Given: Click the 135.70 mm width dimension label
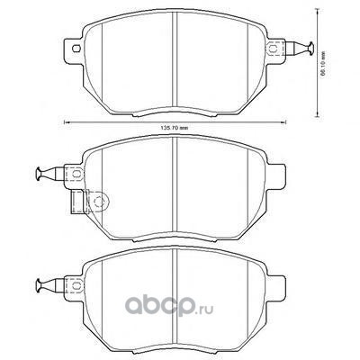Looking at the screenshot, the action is pyautogui.click(x=175, y=128).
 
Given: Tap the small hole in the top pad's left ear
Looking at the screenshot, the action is pyautogui.click(x=76, y=48).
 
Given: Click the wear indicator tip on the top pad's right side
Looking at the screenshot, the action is pyautogui.click(x=310, y=48).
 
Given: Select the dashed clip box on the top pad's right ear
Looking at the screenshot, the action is pyautogui.click(x=274, y=48).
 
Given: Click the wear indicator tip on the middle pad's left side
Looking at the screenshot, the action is pyautogui.click(x=39, y=175).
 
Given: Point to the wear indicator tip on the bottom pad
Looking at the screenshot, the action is pyautogui.click(x=39, y=285).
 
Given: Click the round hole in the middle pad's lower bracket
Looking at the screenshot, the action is pyautogui.click(x=98, y=202).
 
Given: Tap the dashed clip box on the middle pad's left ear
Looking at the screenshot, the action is pyautogui.click(x=74, y=174).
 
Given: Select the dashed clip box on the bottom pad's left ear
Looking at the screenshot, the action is pyautogui.click(x=74, y=285).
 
